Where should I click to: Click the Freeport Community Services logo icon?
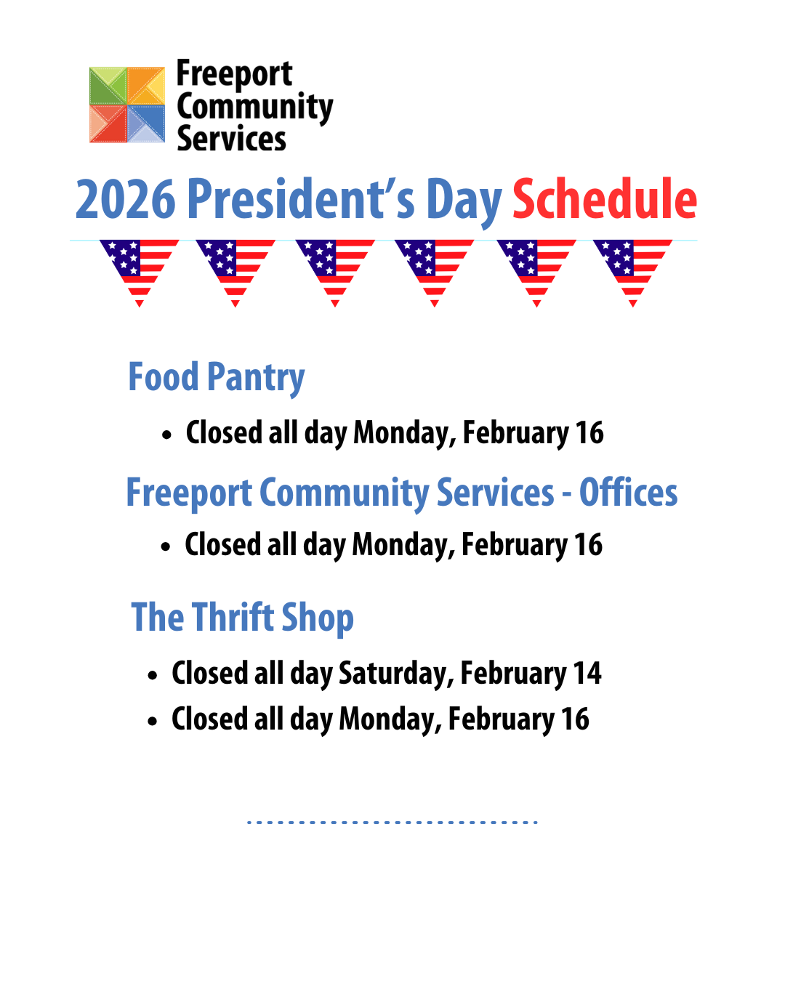[127, 105]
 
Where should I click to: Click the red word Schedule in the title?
[605, 199]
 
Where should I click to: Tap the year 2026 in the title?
[126, 199]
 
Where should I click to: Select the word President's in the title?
[301, 199]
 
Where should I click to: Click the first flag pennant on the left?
[139, 269]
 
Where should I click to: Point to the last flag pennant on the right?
[632, 269]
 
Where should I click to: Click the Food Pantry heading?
[217, 378]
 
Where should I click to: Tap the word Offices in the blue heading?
[628, 493]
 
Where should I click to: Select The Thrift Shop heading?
[243, 618]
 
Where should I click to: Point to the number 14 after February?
[587, 674]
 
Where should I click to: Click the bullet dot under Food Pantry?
[167, 435]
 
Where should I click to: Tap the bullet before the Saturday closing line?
[153, 676]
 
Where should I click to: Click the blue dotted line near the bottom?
[392, 822]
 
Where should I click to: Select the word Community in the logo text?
[255, 108]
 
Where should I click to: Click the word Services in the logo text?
[232, 139]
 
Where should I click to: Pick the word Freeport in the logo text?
[234, 74]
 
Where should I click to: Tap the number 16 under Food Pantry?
[589, 433]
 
